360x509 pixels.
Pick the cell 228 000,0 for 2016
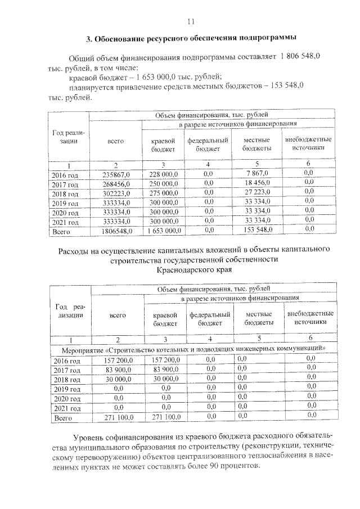click(x=163, y=174)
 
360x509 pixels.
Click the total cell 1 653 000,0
click(x=163, y=231)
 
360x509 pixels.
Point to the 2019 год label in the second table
click(x=67, y=389)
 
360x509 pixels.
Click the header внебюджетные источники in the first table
click(x=308, y=143)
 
